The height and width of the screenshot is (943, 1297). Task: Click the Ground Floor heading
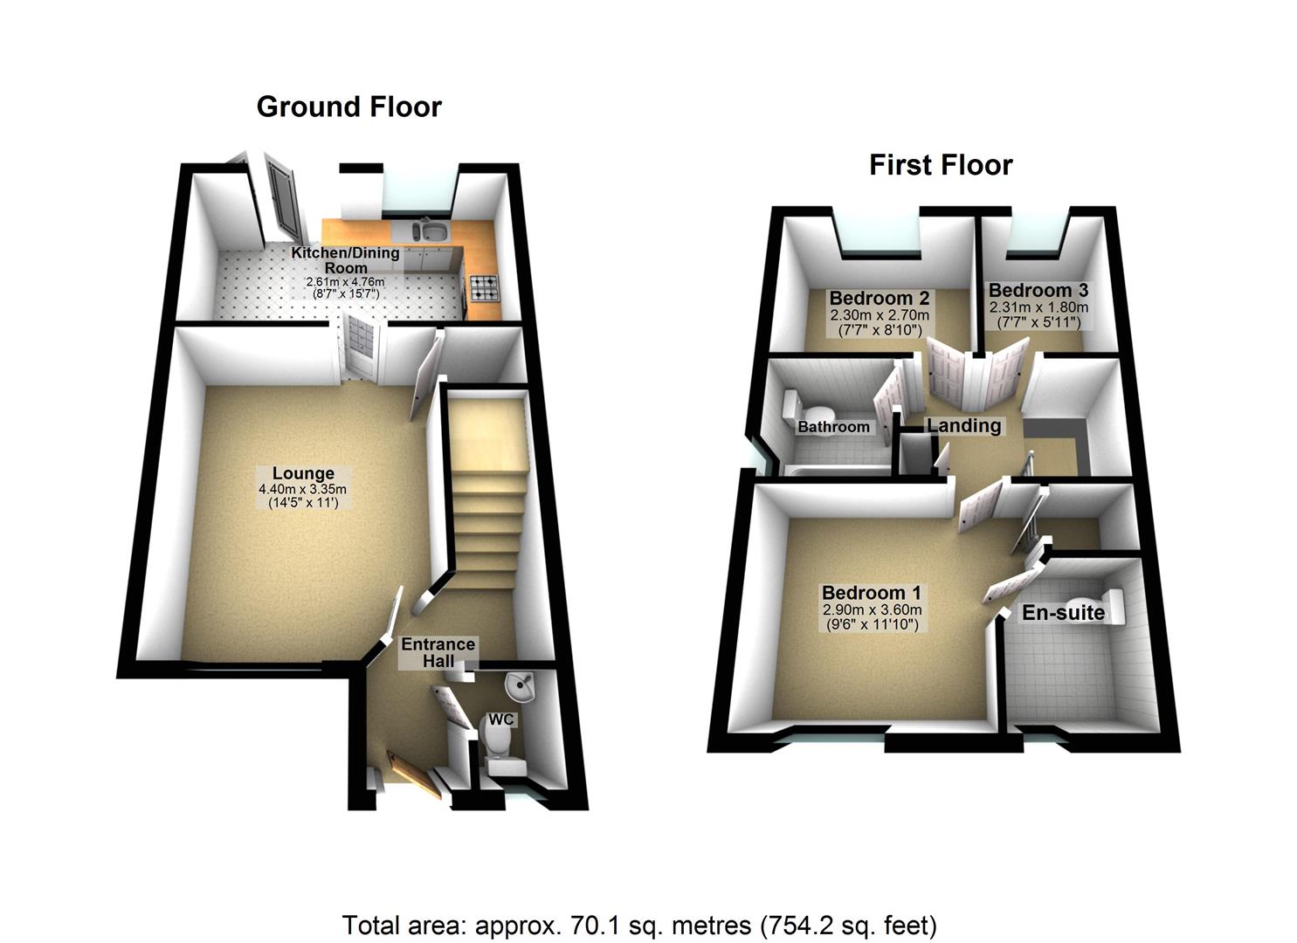348,107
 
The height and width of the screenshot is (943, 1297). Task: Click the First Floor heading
941,165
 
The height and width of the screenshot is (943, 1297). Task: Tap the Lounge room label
303,474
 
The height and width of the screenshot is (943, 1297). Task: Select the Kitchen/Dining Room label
345,259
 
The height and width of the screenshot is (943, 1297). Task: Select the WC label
501,719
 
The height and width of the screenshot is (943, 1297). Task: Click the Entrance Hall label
438,652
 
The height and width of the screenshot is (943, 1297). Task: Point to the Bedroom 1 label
871,593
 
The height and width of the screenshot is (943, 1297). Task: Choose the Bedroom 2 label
879,298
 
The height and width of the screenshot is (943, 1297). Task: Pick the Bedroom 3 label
1038,290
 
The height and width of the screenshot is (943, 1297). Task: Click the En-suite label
1063,613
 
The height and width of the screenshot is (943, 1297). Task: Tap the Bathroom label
833,427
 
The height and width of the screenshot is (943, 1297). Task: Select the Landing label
963,425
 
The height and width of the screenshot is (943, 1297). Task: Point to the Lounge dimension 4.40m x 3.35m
302,490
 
